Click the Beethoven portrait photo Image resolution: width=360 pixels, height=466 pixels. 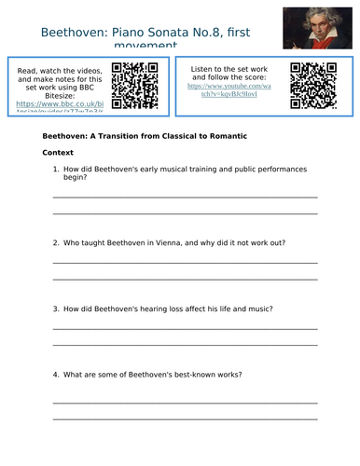click(322, 27)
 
